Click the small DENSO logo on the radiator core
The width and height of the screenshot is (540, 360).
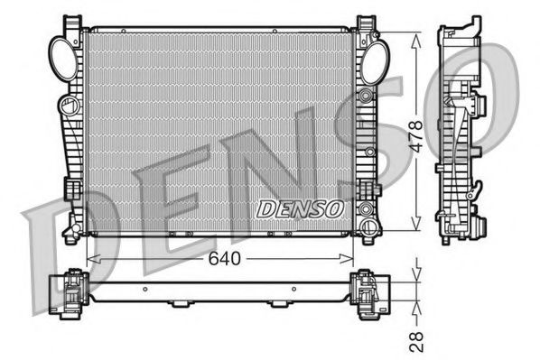(302, 208)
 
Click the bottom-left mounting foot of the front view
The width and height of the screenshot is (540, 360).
(72, 235)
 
